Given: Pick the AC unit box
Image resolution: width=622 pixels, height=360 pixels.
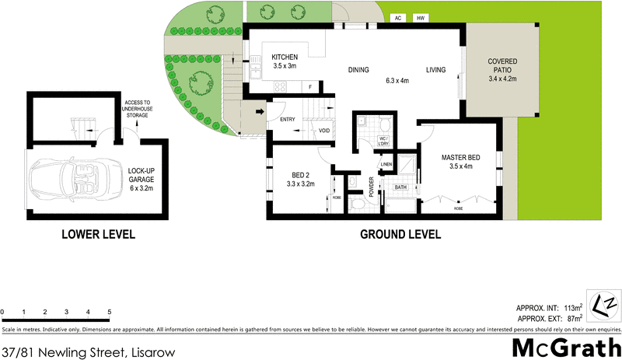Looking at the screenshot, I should [x=397, y=17].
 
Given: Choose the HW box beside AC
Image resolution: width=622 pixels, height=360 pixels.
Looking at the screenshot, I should [x=421, y=17].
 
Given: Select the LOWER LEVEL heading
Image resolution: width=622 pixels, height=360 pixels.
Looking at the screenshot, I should [x=98, y=234].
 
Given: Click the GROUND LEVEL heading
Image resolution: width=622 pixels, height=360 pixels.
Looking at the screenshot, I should [x=400, y=234].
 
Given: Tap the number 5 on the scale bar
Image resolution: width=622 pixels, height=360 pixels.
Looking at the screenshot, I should [x=110, y=312].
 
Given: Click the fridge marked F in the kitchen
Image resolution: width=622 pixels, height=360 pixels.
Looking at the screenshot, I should [x=311, y=87].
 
